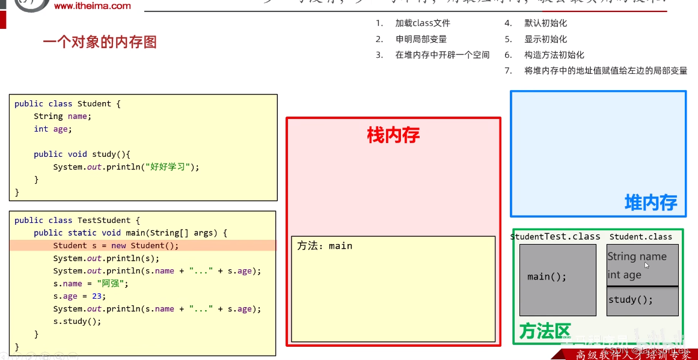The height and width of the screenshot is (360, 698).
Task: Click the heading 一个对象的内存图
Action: (100, 42)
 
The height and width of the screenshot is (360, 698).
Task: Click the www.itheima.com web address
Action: (92, 6)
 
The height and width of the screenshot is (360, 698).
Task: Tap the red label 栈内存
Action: (393, 135)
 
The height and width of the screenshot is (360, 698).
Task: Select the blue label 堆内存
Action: (651, 203)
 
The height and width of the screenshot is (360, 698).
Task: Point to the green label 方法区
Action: (544, 331)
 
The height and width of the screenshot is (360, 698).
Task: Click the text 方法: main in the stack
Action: (325, 246)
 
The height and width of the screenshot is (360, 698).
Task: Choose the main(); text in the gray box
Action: (546, 277)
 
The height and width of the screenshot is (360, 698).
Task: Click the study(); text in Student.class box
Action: (630, 300)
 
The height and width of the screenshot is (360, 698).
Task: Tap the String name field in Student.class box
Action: (637, 257)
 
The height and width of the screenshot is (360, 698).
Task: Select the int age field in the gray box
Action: (624, 275)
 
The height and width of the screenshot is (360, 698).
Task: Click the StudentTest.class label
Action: (555, 237)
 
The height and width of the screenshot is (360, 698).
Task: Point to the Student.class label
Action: (640, 237)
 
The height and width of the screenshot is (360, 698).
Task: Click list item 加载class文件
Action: (423, 23)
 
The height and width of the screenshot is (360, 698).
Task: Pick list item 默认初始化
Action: (545, 23)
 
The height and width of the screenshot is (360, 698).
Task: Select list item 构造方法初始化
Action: (554, 55)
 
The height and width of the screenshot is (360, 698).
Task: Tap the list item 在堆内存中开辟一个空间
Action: (442, 55)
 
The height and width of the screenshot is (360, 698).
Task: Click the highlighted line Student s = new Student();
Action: (116, 245)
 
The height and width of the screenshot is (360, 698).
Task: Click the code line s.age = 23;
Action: (79, 296)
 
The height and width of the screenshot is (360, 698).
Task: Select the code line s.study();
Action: (77, 322)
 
